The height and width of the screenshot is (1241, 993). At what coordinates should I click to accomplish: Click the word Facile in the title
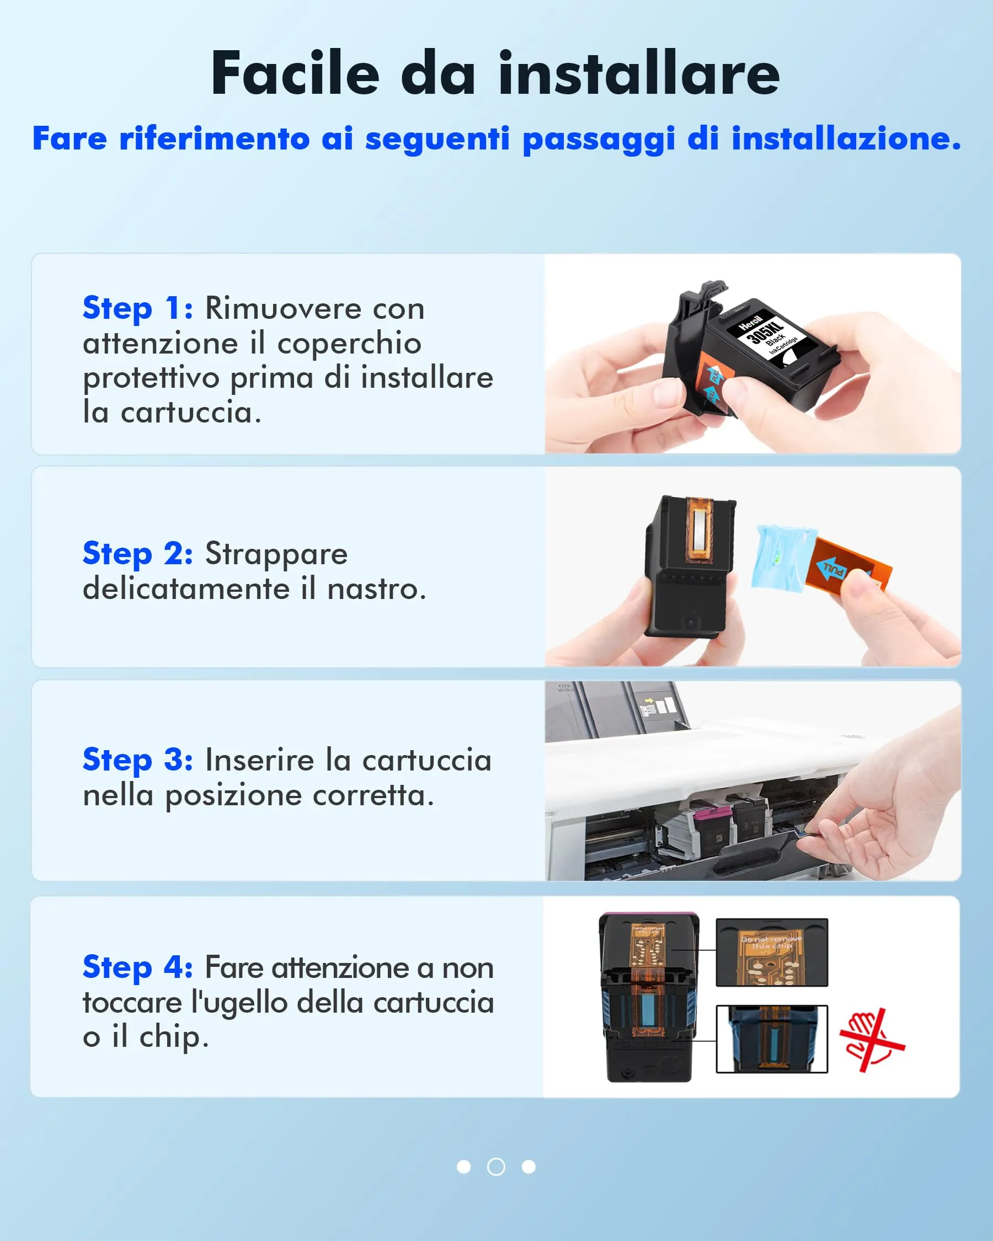tap(295, 73)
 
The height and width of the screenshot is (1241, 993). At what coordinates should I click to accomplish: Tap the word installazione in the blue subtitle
tap(846, 139)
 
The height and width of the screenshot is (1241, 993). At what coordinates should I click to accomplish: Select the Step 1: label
tap(137, 308)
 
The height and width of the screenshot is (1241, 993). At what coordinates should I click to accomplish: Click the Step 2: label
tap(137, 553)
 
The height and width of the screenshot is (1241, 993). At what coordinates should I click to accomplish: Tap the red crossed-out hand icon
tap(871, 1040)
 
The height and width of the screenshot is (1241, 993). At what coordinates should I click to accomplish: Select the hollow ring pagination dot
tap(495, 1167)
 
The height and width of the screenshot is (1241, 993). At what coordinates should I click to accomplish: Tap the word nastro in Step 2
tap(376, 589)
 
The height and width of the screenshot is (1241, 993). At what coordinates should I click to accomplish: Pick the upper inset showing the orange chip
tap(771, 953)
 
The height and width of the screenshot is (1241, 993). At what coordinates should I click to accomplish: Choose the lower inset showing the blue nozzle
tap(771, 1039)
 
